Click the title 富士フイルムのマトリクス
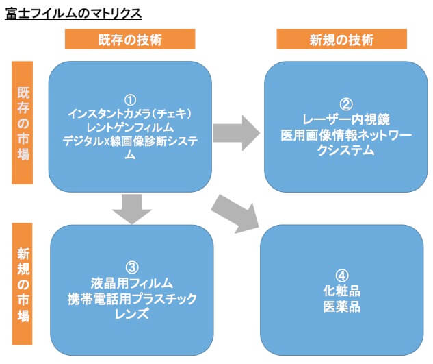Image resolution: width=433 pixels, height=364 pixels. [x=73, y=13]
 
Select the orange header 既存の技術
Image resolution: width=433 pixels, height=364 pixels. [x=130, y=39]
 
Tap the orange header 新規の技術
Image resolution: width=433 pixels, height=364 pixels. [x=341, y=39]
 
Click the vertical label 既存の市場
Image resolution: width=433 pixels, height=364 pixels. [x=23, y=123]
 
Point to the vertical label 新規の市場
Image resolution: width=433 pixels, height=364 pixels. [x=23, y=284]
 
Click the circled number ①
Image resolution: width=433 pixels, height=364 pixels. [x=131, y=100]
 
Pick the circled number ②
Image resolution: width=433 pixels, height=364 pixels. [x=346, y=105]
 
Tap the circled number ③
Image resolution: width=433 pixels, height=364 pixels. [x=132, y=267]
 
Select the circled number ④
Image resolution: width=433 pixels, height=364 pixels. [x=342, y=276]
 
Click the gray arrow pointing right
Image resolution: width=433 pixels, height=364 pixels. [x=237, y=133]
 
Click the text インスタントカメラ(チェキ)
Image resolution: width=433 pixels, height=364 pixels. [x=130, y=114]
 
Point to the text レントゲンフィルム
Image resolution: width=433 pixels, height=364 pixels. [x=130, y=128]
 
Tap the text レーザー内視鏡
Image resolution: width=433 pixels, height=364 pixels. [x=346, y=119]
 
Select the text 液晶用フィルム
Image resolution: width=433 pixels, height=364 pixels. [x=132, y=283]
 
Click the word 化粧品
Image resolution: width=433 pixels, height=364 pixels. [x=342, y=291]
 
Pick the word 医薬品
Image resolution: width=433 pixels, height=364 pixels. [x=342, y=306]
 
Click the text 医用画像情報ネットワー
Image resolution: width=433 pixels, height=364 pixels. [x=346, y=135]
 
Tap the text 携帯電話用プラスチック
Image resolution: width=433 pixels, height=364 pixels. [x=132, y=299]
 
